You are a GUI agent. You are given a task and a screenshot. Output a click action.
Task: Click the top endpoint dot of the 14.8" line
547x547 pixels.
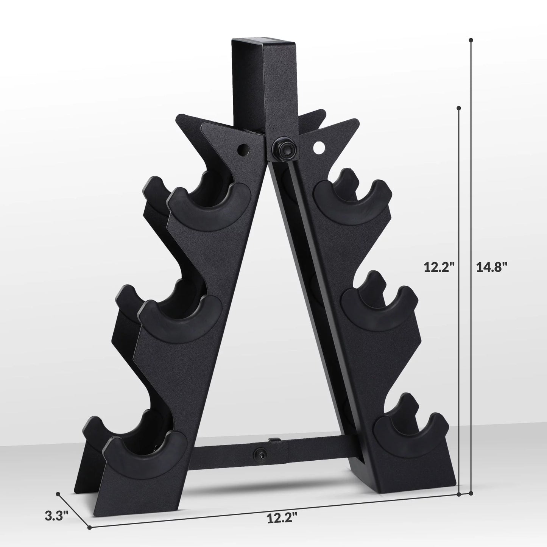coord(471,40)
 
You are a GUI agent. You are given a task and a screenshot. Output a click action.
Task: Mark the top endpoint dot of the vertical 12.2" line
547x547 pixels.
coord(459,108)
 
